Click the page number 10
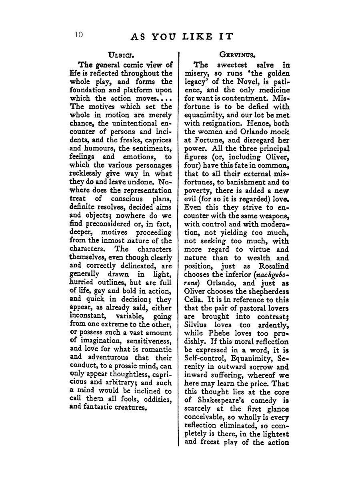pos(78,35)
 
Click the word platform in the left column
pos(133,90)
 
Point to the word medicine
pos(272,90)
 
